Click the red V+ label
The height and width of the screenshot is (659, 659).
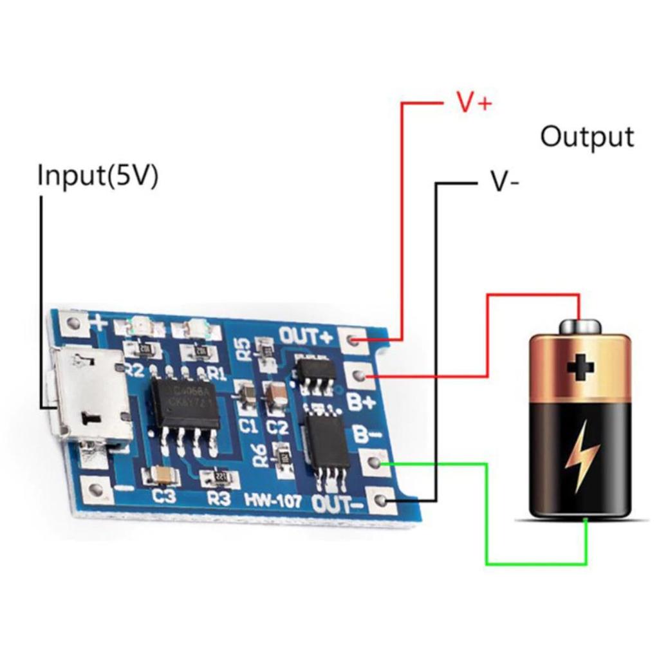(474, 103)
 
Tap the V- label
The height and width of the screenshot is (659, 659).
(505, 182)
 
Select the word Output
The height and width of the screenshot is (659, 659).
(586, 137)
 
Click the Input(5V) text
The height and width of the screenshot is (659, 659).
(97, 176)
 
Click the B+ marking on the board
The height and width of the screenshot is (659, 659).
(360, 403)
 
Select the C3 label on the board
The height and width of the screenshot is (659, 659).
(165, 496)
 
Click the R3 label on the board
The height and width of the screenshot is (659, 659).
(218, 498)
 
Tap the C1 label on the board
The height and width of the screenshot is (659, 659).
(248, 426)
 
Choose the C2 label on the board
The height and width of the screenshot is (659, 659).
(276, 427)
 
